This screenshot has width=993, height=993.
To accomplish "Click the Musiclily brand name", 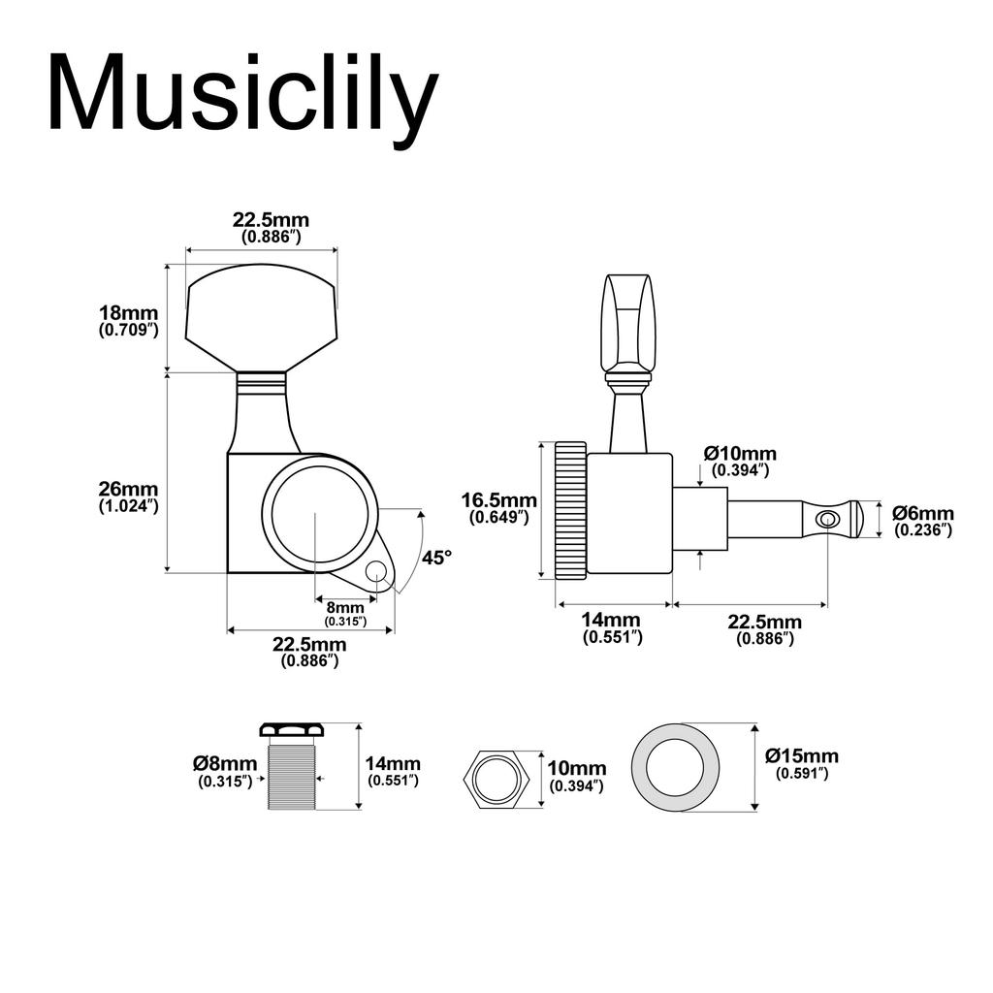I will click(242, 95).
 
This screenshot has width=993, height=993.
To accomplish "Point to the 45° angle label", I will click(436, 558).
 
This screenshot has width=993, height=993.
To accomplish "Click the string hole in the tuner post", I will click(826, 520).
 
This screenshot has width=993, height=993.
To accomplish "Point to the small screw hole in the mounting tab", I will click(374, 573).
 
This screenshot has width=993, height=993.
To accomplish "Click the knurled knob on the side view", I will click(570, 511).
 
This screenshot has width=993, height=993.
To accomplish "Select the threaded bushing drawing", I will click(292, 771).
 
